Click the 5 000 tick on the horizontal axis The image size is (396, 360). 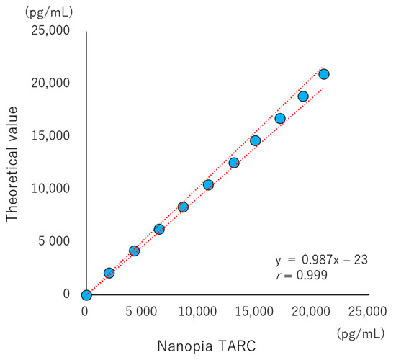coord(143,311)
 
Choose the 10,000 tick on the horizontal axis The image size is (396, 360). coord(199,311)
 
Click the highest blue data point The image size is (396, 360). coord(324,74)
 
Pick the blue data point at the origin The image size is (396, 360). coord(86,294)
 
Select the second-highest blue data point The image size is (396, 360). coord(303,96)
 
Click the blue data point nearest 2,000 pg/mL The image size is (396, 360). coord(109,273)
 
